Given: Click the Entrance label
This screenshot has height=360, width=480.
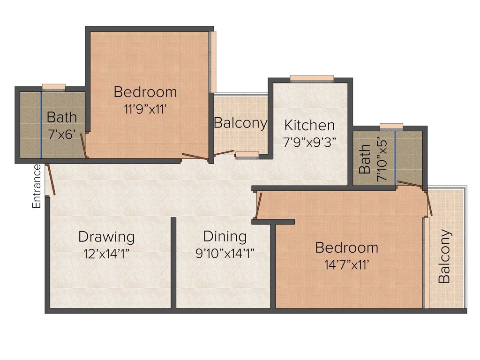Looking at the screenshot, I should click(37, 186).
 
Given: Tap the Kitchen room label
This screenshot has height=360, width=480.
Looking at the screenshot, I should click(309, 126).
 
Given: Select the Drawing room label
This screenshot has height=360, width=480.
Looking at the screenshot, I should click(106, 237).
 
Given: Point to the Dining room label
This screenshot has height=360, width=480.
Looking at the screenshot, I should click(225, 236).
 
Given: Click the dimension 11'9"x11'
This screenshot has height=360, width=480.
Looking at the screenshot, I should click(145, 110).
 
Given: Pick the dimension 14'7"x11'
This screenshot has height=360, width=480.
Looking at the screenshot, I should click(346, 265).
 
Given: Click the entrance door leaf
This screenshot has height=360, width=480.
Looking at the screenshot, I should click(52, 179).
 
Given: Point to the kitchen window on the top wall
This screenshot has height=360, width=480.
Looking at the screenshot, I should click(312, 78).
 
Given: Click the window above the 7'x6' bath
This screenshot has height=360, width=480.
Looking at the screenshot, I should click(53, 87).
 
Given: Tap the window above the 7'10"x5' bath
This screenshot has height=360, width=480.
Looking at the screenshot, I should click(391, 126).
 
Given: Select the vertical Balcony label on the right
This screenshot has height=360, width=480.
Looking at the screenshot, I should click(444, 256).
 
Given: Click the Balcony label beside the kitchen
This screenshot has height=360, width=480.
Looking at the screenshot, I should click(240, 123).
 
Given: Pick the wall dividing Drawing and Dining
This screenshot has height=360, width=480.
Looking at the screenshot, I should click(173, 262).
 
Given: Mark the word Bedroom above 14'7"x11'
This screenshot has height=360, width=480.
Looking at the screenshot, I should click(346, 247).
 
